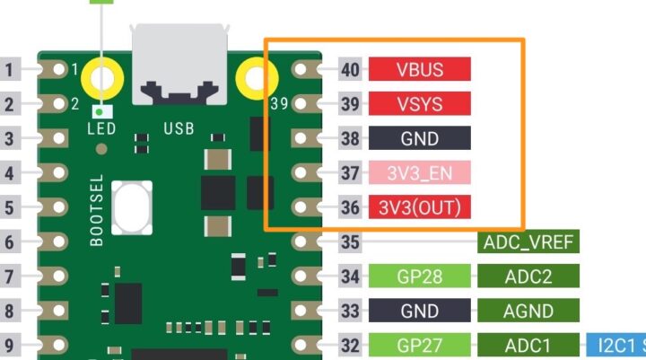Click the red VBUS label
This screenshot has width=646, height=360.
[x=419, y=69]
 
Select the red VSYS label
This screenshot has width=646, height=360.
[x=419, y=104]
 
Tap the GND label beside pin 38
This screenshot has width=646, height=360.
[x=419, y=138]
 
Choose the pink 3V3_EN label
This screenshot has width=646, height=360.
[x=419, y=172]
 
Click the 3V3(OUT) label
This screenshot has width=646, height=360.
[x=419, y=207]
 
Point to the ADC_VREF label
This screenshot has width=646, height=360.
[x=528, y=241]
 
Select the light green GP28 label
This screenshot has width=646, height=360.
[x=419, y=277]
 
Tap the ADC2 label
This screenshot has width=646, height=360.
[x=528, y=277]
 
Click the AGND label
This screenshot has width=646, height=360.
[x=528, y=312]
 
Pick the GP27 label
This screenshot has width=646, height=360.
[x=419, y=345]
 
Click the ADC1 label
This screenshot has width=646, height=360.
[x=528, y=345]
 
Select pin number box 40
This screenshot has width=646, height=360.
[x=351, y=69]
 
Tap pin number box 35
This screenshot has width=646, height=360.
[x=351, y=241]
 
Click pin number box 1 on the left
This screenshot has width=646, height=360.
[x=12, y=69]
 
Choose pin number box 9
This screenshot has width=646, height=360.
[x=12, y=345]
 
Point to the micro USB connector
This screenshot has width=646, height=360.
[x=179, y=65]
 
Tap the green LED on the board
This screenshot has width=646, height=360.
[x=102, y=110]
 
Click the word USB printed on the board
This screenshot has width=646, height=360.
[x=179, y=128]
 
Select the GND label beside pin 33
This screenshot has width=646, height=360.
[x=419, y=312]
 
